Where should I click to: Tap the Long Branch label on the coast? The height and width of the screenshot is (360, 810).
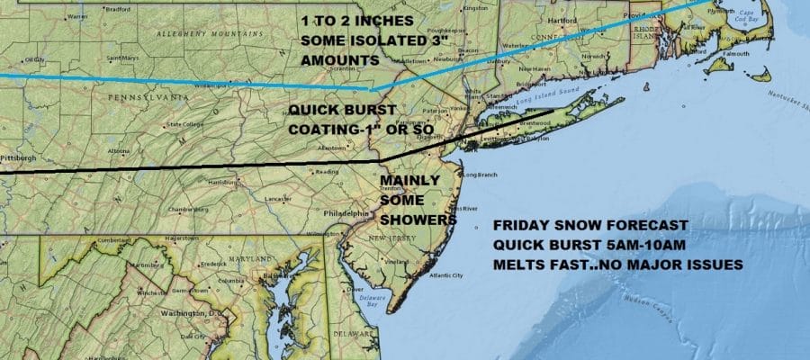tap(480, 174)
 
